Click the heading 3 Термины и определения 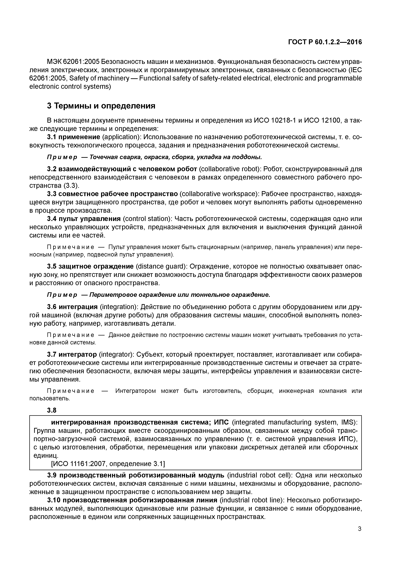pos(101,106)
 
